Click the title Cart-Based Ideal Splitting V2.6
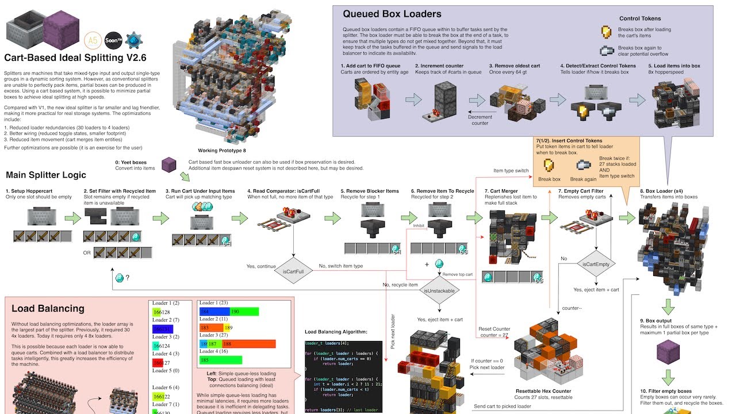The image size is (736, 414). pyautogui.click(x=75, y=58)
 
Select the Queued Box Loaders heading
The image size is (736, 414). pyautogui.click(x=392, y=14)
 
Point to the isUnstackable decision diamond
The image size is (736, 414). pyautogui.click(x=440, y=290)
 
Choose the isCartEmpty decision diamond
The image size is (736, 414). pyautogui.click(x=596, y=264)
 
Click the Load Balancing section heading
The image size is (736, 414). pyautogui.click(x=48, y=309)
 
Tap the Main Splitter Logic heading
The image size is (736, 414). pyautogui.click(x=46, y=175)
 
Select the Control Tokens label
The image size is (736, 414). pyautogui.click(x=640, y=18)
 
